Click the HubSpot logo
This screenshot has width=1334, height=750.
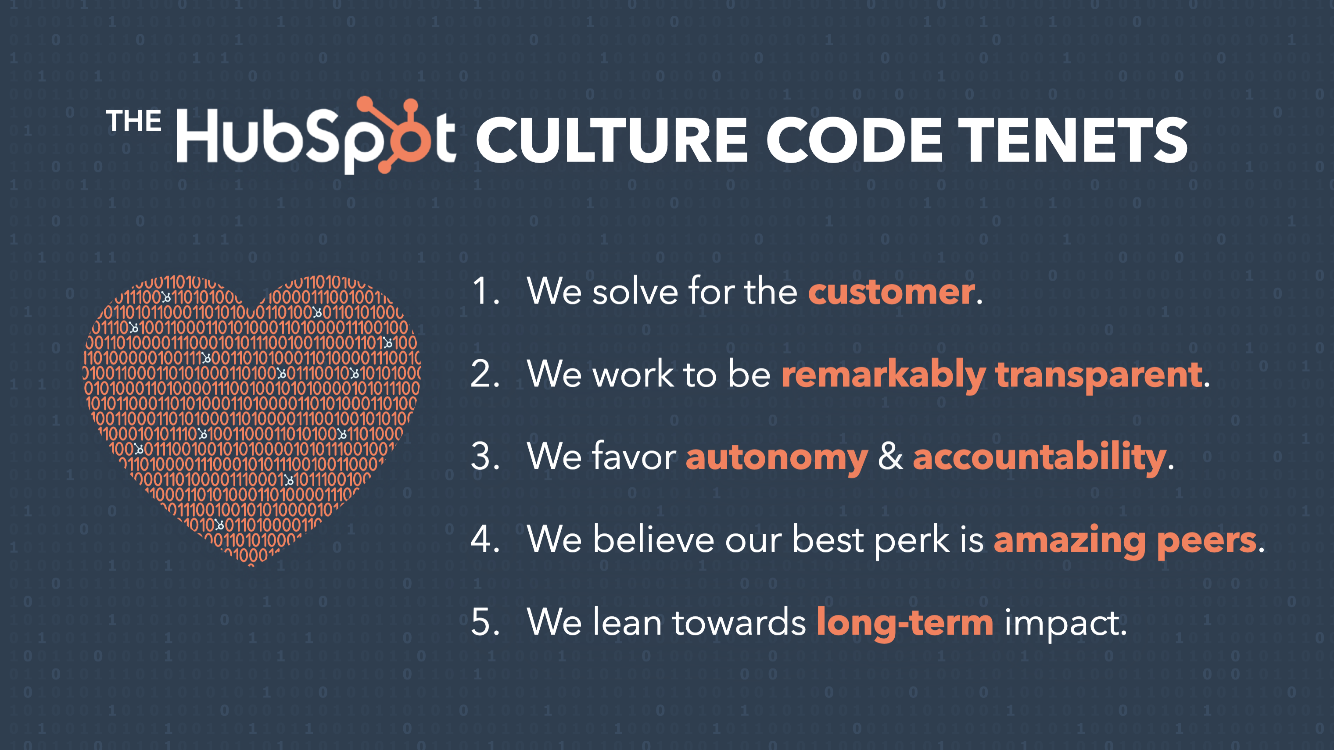tap(316, 136)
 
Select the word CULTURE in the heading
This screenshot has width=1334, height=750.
tap(611, 140)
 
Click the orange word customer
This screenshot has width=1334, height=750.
tap(891, 292)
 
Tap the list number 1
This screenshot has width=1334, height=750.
tap(484, 291)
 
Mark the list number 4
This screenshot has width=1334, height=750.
tap(484, 539)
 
